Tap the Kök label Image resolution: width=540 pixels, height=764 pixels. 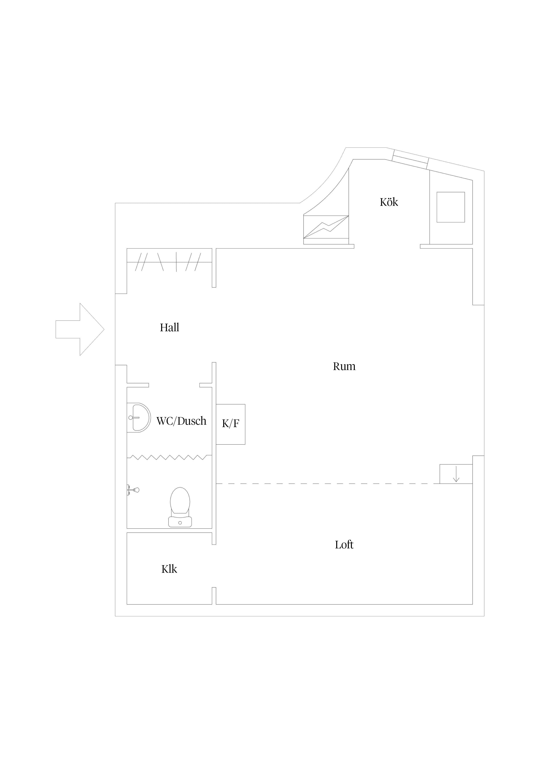(389, 202)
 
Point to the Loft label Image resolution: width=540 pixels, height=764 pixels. (344, 545)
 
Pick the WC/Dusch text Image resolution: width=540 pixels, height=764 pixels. (181, 421)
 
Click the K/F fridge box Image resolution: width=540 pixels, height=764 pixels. (231, 424)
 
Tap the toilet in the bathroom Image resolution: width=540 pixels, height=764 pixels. (180, 507)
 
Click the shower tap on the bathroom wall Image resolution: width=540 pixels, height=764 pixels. (133, 490)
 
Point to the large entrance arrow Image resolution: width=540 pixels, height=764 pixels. (80, 330)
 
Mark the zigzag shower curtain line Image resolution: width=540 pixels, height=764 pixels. (169, 457)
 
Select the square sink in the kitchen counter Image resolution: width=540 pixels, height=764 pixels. (451, 207)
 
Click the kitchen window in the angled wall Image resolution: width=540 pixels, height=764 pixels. (410, 159)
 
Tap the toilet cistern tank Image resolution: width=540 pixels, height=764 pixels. (180, 522)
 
